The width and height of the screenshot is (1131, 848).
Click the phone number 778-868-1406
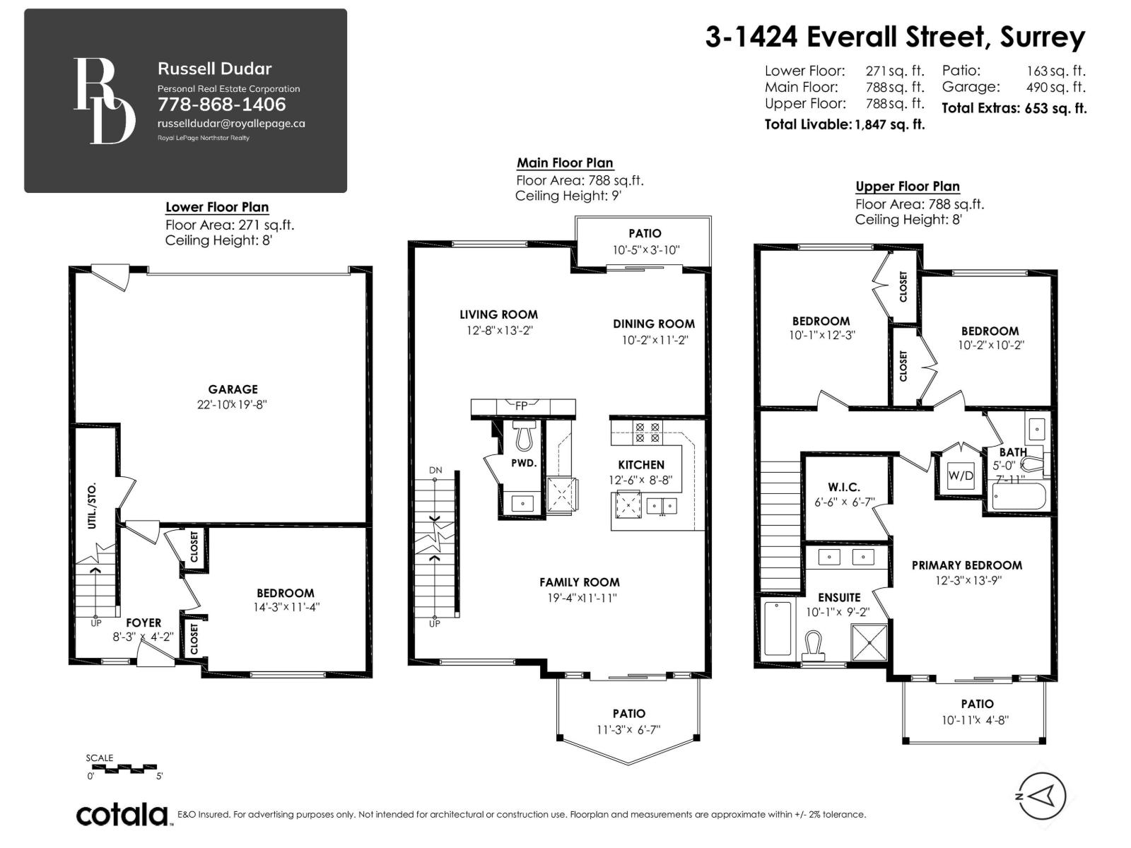pos(221,105)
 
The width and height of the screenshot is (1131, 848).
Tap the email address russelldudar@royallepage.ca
pos(231,123)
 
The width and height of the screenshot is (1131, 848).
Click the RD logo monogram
pos(104,101)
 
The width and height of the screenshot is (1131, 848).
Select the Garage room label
pos(233,389)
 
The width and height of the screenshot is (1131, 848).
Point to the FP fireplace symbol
pos(521,406)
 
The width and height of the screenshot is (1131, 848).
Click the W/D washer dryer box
pos(960,476)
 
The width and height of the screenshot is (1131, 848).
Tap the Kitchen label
pos(641,465)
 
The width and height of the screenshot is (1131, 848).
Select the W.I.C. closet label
pos(844,488)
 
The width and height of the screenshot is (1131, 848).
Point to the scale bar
pos(124,768)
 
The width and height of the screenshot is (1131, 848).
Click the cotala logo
pos(122,815)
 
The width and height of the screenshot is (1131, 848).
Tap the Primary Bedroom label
pos(966,565)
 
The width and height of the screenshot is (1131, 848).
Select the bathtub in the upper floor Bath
pos(1018,497)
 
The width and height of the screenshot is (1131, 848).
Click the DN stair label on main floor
pos(435,470)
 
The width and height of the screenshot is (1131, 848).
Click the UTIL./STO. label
pos(92,506)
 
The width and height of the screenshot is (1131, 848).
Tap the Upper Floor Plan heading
pos(908,187)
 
